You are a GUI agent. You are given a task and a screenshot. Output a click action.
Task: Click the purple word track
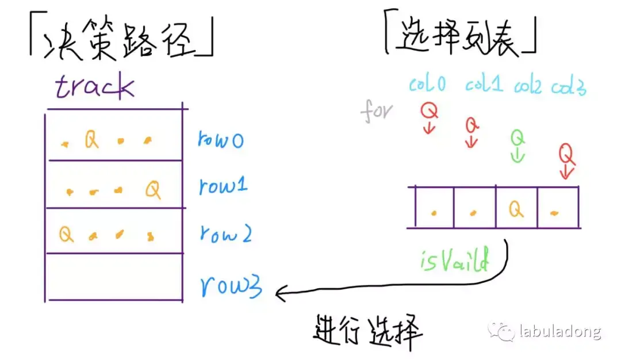[95, 87]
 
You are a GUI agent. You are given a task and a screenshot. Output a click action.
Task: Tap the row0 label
[221, 139]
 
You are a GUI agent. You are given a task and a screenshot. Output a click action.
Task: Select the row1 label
[223, 186]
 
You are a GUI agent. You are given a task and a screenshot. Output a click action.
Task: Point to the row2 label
[225, 233]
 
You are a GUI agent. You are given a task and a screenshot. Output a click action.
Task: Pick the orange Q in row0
[91, 139]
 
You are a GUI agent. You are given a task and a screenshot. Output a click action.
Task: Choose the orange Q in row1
[153, 188]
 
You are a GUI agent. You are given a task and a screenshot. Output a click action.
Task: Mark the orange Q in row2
[66, 234]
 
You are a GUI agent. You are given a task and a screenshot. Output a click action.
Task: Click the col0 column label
[428, 85]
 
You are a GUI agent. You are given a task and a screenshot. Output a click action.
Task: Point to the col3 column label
[569, 87]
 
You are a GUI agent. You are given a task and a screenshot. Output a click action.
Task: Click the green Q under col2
[517, 138]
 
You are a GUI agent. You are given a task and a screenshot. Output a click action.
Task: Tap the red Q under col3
[566, 154]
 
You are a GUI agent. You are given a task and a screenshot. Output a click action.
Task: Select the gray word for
[376, 110]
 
